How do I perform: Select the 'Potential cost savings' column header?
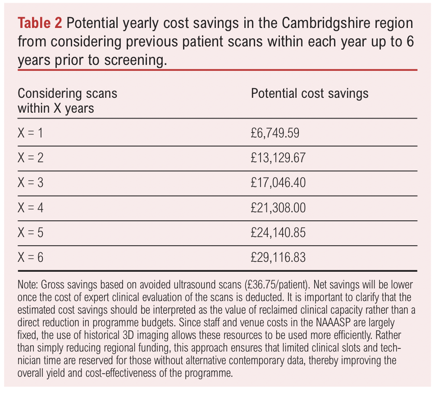[x=309, y=93]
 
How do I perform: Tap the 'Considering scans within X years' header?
[x=67, y=101]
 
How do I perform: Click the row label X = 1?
[x=31, y=133]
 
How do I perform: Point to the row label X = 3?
[x=31, y=183]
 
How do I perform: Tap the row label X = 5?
[x=31, y=233]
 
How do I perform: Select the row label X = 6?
[x=31, y=257]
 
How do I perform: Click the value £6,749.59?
[x=275, y=133]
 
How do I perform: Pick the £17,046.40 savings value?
[x=278, y=183]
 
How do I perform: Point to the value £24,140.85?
[x=278, y=233]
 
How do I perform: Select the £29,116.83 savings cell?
[x=278, y=257]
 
